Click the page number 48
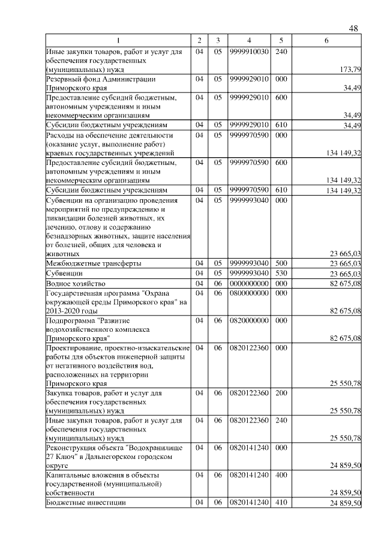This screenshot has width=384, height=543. [353, 29]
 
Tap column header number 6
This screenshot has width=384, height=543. [326, 40]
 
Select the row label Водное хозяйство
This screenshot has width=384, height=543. [76, 283]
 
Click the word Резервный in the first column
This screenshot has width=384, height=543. [65, 79]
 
